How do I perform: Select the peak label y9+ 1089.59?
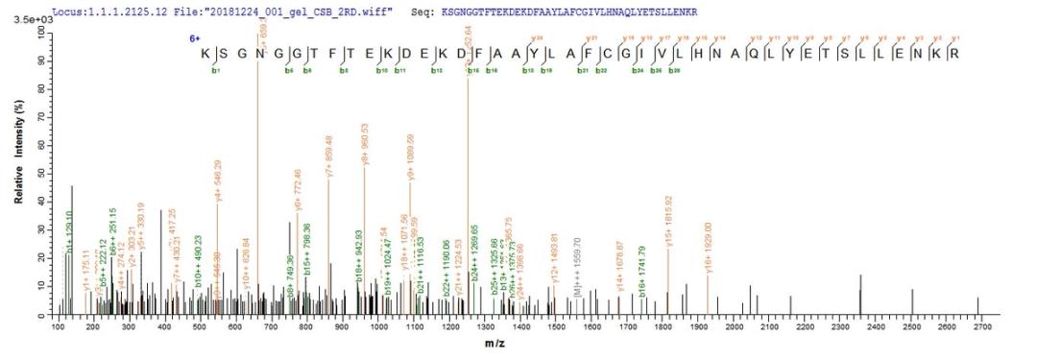pyautogui.click(x=411, y=158)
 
